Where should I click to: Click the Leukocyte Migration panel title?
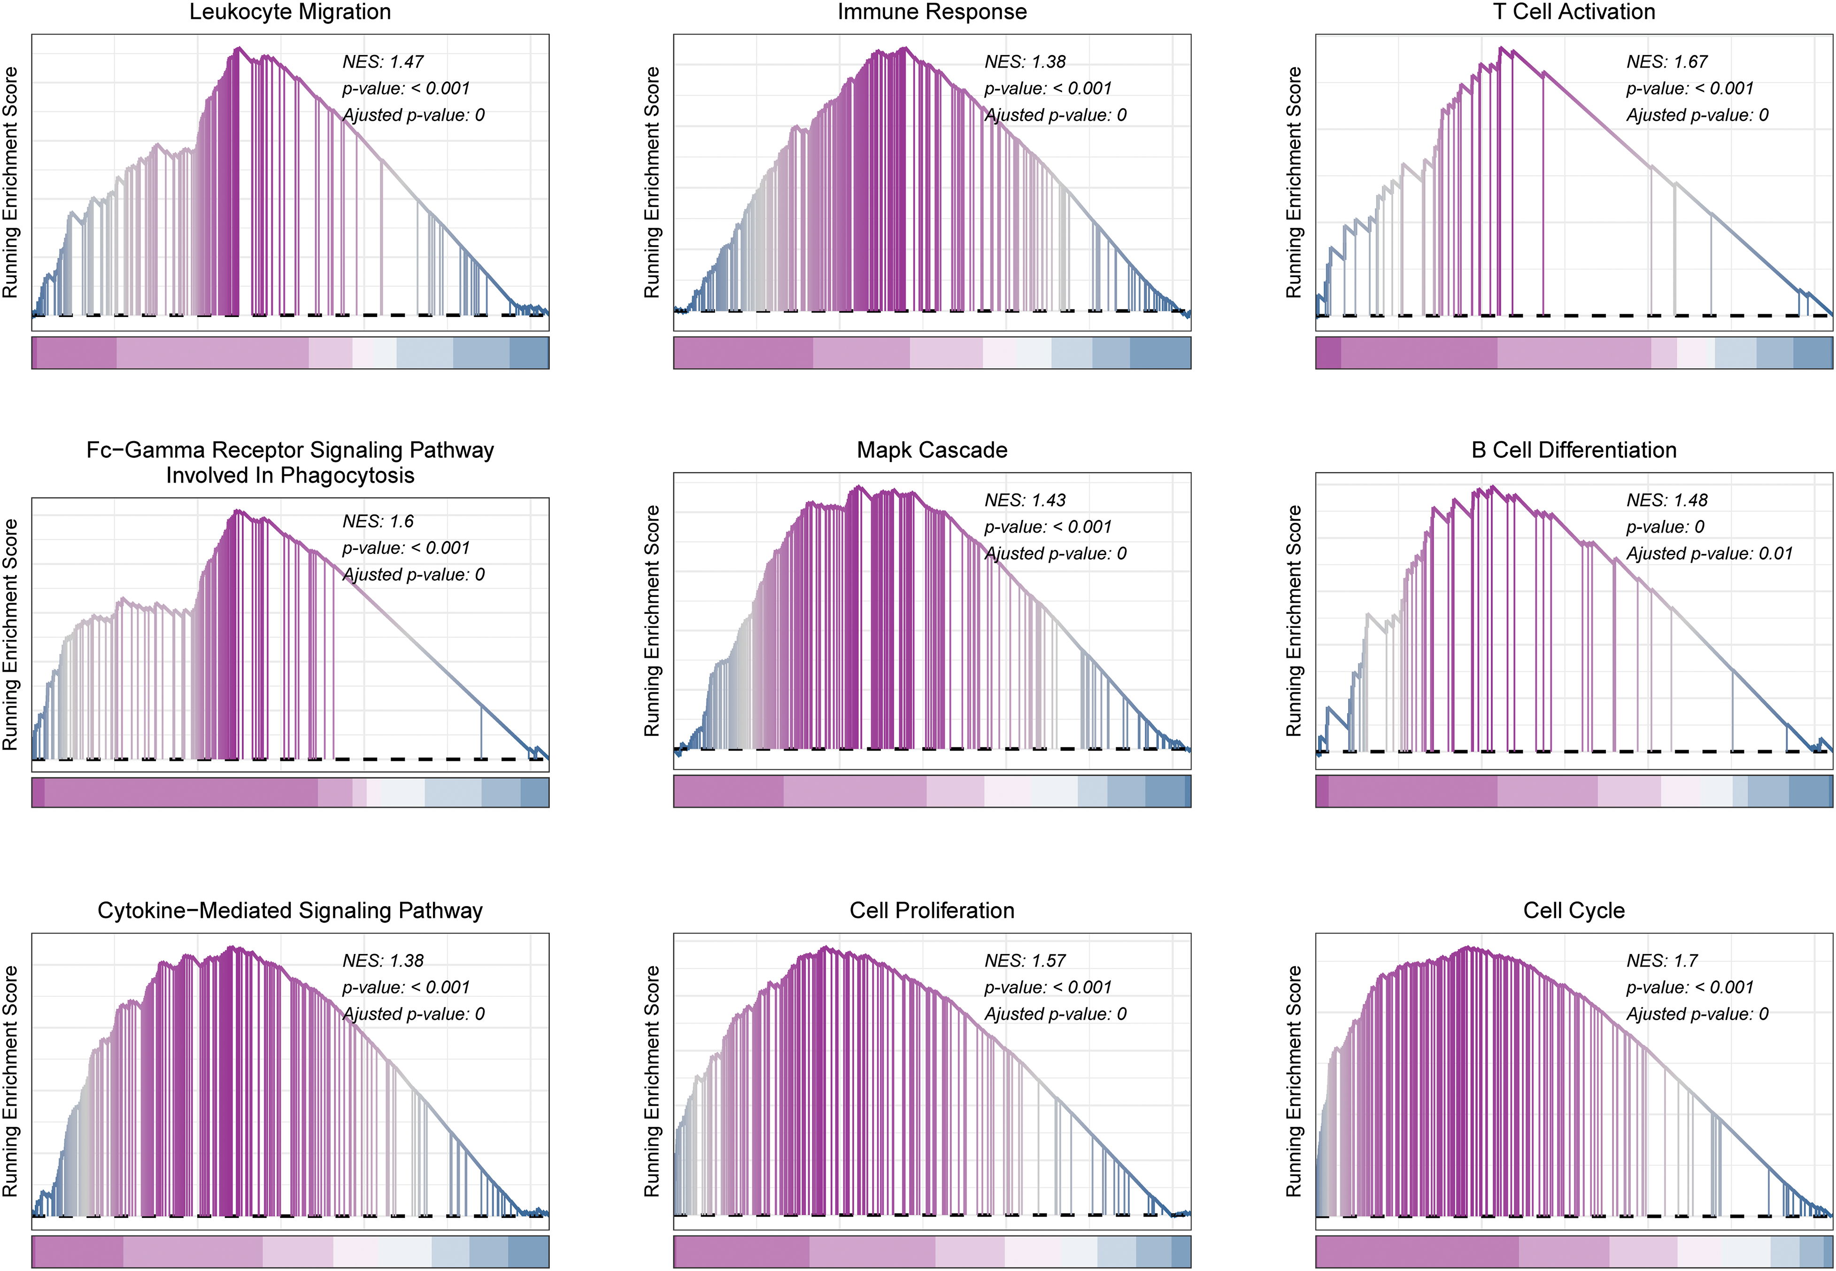point(290,12)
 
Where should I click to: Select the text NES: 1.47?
point(383,62)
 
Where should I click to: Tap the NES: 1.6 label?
point(378,522)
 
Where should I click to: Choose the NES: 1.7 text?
point(1662,961)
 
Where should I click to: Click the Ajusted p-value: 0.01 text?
point(1709,553)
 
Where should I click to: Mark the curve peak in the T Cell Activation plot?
point(1500,48)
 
